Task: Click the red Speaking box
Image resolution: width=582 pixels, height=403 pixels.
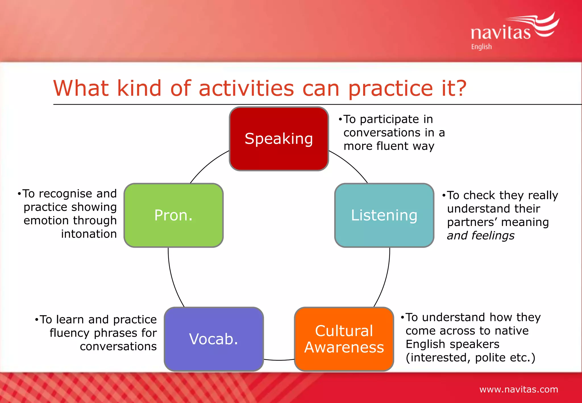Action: (279, 139)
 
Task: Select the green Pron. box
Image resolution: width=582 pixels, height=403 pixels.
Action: (173, 215)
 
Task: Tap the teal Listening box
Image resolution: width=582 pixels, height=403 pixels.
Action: (384, 215)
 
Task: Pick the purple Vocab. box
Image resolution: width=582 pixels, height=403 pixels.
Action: (214, 339)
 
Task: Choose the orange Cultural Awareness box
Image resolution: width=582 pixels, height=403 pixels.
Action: (344, 339)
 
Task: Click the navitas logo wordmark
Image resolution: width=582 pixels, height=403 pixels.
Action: (500, 33)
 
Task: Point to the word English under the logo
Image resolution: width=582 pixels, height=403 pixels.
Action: (481, 47)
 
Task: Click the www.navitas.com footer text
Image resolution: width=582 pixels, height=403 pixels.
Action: (519, 389)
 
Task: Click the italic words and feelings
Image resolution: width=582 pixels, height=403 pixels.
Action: (481, 236)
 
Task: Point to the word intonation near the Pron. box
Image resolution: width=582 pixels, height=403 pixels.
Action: (89, 234)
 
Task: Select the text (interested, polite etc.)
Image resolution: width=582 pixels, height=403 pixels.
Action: (470, 358)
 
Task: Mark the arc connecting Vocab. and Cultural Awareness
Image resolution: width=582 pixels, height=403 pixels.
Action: (279, 360)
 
